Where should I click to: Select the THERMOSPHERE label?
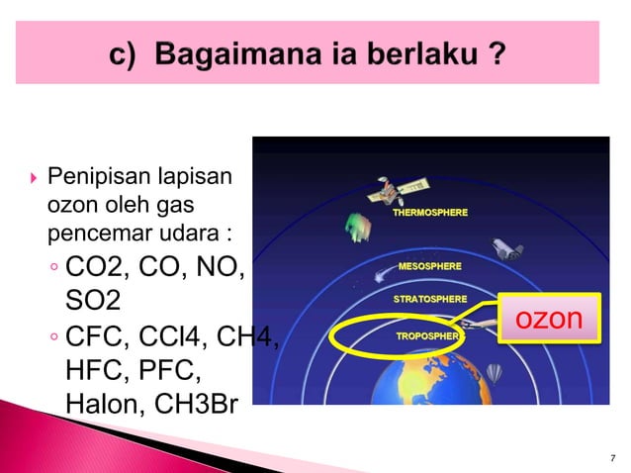click(x=431, y=213)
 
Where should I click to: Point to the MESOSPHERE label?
click(x=429, y=266)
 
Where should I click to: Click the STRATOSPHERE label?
click(x=431, y=298)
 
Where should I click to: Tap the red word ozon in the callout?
click(x=550, y=318)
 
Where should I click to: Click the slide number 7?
click(x=613, y=457)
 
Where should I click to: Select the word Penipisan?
click(x=93, y=180)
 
